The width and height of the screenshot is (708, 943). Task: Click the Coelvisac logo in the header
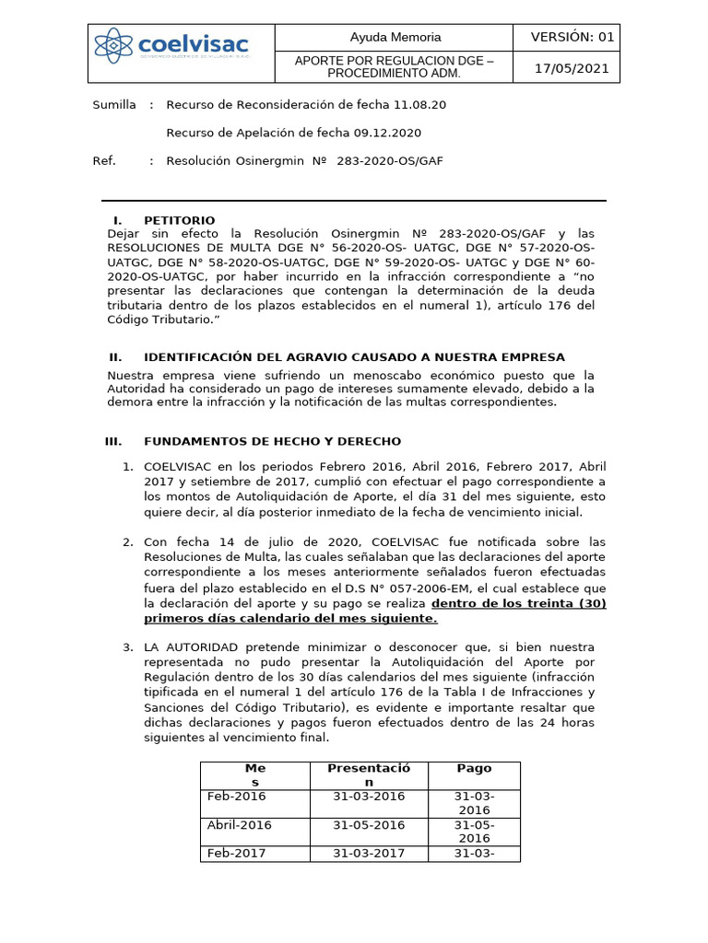[x=181, y=46]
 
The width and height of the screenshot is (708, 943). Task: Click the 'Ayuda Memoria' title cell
[x=395, y=38]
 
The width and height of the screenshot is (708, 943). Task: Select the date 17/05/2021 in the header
[x=572, y=68]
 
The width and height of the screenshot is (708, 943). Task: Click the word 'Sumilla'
[x=114, y=105]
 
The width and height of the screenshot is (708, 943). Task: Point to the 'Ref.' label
[x=104, y=160]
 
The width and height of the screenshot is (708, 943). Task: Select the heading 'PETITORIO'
[x=179, y=220]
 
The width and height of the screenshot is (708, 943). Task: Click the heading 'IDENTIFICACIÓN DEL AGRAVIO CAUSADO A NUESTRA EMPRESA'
[x=354, y=356]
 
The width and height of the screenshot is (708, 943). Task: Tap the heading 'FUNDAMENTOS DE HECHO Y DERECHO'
[x=272, y=442]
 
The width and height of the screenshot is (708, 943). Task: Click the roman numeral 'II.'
[x=115, y=356]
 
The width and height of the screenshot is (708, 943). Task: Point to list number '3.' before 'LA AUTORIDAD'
[x=128, y=647]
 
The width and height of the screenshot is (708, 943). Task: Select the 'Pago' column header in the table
[x=474, y=768]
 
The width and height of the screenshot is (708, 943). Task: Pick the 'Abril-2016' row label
[x=239, y=825]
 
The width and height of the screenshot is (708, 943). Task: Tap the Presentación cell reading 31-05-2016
[x=369, y=825]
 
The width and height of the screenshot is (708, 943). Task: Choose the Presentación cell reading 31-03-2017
[x=369, y=854]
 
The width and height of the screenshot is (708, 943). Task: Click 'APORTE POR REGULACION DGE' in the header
[x=394, y=61]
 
